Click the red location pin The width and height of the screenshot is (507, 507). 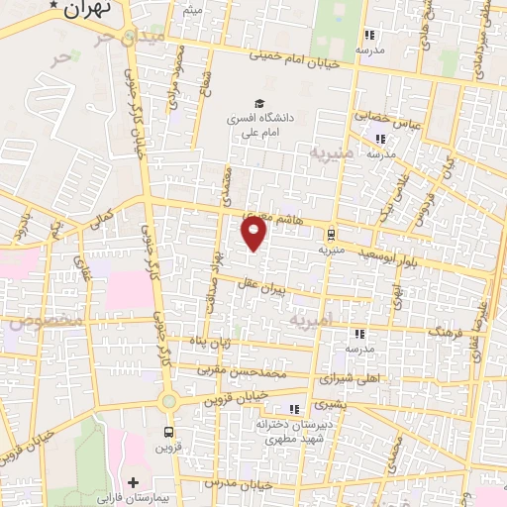click(254, 234)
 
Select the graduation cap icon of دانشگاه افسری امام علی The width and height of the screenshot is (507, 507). click(259, 103)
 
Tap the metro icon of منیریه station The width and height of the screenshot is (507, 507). click(330, 235)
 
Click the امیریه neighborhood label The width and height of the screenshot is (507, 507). click(313, 322)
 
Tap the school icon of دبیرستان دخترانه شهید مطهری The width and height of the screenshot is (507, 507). click(292, 409)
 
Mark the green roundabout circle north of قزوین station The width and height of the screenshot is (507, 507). click(168, 401)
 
